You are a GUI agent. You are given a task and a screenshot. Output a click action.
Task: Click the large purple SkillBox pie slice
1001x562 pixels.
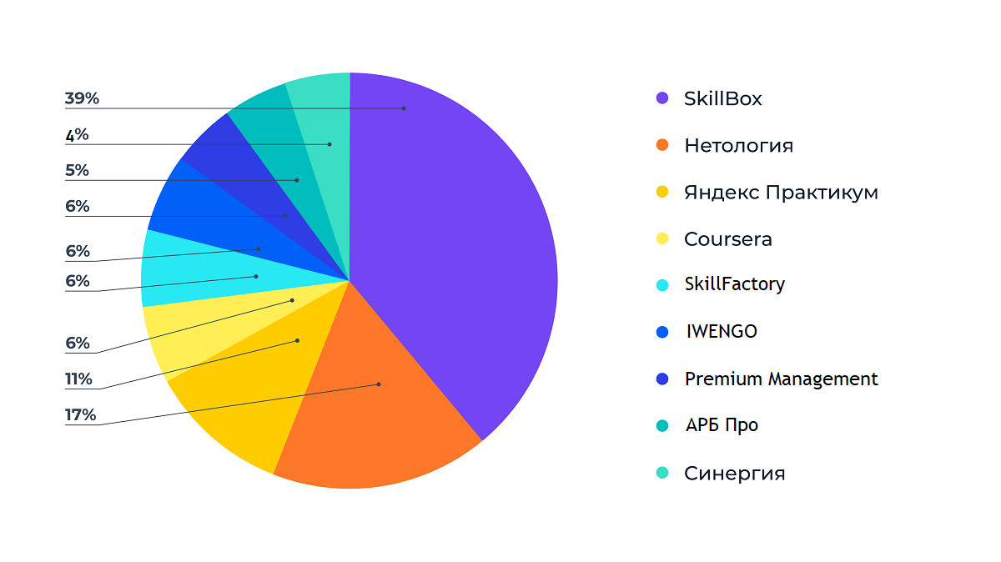coord(450,250)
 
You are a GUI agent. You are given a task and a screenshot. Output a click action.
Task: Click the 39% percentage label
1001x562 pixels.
coord(82,98)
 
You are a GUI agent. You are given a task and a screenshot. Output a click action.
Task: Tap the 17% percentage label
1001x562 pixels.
coord(81,415)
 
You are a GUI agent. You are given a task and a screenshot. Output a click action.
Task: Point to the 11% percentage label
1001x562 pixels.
coord(79,379)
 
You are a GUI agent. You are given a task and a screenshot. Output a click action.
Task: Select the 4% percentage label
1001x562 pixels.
coord(77,134)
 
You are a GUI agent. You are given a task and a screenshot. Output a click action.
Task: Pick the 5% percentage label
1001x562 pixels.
coord(77,170)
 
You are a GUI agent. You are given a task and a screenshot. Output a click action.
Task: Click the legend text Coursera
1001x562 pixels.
coord(727,239)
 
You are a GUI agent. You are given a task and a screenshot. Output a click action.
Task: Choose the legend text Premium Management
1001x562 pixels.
coord(781,379)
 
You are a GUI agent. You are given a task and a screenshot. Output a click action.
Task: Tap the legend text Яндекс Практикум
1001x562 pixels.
coord(781,193)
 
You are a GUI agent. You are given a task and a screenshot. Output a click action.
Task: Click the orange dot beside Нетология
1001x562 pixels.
coord(662,145)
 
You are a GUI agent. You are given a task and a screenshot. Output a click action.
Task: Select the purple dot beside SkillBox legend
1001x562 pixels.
coord(662,98)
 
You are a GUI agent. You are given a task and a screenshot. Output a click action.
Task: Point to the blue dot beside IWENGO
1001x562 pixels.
coord(662,332)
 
